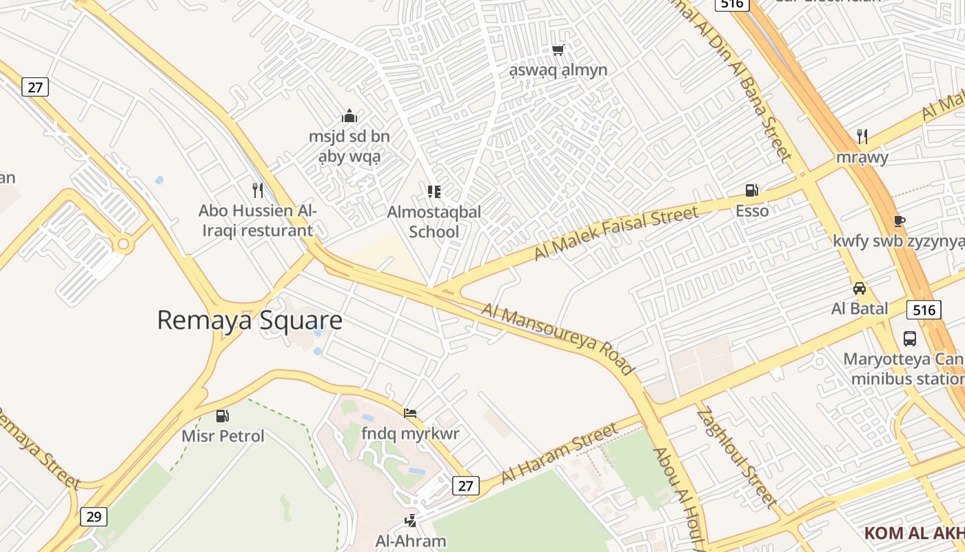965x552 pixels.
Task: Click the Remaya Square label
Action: pos(250,320)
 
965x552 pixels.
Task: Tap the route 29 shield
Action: pos(94,516)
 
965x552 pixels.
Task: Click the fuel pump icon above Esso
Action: pos(751,190)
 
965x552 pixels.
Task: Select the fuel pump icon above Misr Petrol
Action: pos(222,415)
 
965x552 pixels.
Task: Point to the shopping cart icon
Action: pos(558,50)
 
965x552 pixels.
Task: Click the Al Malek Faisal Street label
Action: pos(616,233)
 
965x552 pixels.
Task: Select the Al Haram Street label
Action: pos(559,453)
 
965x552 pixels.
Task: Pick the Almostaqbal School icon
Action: pos(434,191)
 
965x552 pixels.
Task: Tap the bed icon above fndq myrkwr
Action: pos(410,413)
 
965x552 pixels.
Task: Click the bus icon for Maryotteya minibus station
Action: pos(910,339)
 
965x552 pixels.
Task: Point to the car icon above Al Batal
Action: pos(860,288)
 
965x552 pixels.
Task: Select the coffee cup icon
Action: pos(899,221)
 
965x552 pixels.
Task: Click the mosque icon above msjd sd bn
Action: pos(349,116)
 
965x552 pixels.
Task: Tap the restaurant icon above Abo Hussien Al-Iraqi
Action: pos(258,189)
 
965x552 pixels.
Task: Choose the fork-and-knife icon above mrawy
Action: pos(862,136)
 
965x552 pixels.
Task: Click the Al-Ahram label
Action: pos(411,540)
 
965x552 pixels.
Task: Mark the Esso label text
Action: pos(752,210)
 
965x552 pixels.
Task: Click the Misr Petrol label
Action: pos(223,436)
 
